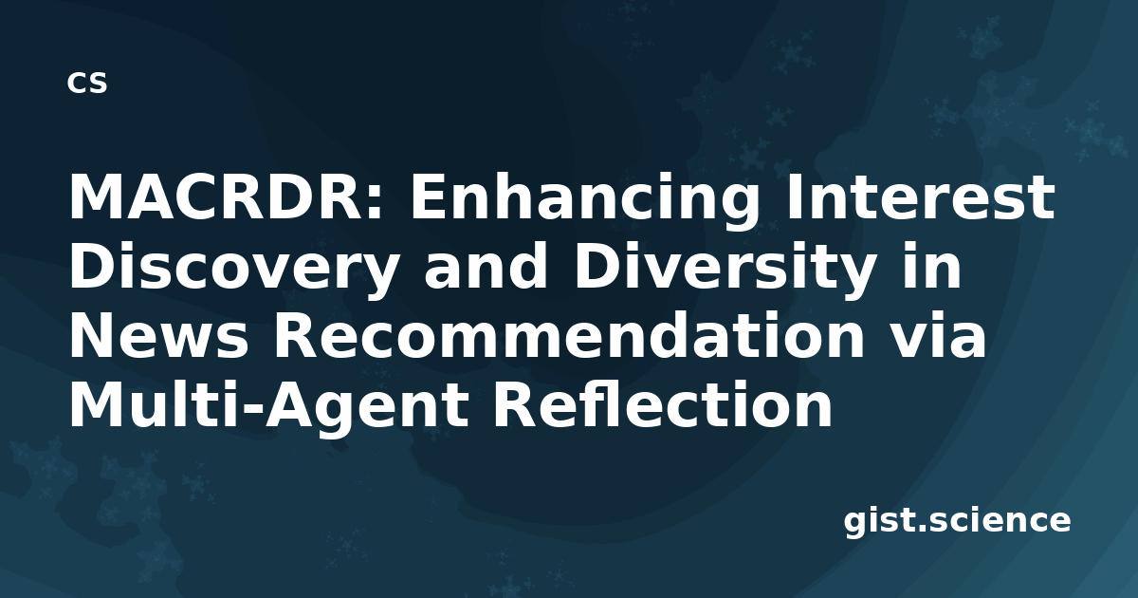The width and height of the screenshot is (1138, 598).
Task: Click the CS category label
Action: [87, 83]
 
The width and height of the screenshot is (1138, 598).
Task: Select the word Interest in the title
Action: [921, 196]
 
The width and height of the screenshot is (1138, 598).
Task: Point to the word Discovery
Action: [232, 266]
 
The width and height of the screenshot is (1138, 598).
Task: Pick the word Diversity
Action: [725, 266]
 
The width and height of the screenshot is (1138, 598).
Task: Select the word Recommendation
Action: [569, 334]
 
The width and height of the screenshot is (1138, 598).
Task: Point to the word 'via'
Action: [939, 334]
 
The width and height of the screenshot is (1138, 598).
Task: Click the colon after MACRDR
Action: [375, 203]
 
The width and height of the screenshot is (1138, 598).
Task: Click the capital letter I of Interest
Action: [795, 196]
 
